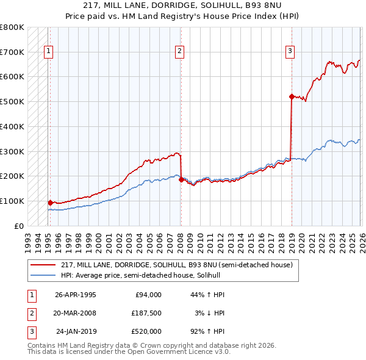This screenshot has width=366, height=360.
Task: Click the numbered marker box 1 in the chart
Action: click(x=48, y=51)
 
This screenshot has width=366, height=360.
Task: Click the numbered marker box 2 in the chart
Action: click(x=179, y=51)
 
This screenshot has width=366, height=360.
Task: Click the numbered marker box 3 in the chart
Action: click(x=290, y=51)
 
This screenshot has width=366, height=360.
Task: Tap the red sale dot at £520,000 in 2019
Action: click(x=292, y=96)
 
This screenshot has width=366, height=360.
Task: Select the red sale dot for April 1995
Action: click(x=50, y=202)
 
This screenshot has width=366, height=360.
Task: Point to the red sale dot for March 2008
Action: click(x=181, y=179)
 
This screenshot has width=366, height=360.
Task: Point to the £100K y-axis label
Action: click(x=12, y=201)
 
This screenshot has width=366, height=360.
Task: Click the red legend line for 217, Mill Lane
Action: click(x=43, y=265)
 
